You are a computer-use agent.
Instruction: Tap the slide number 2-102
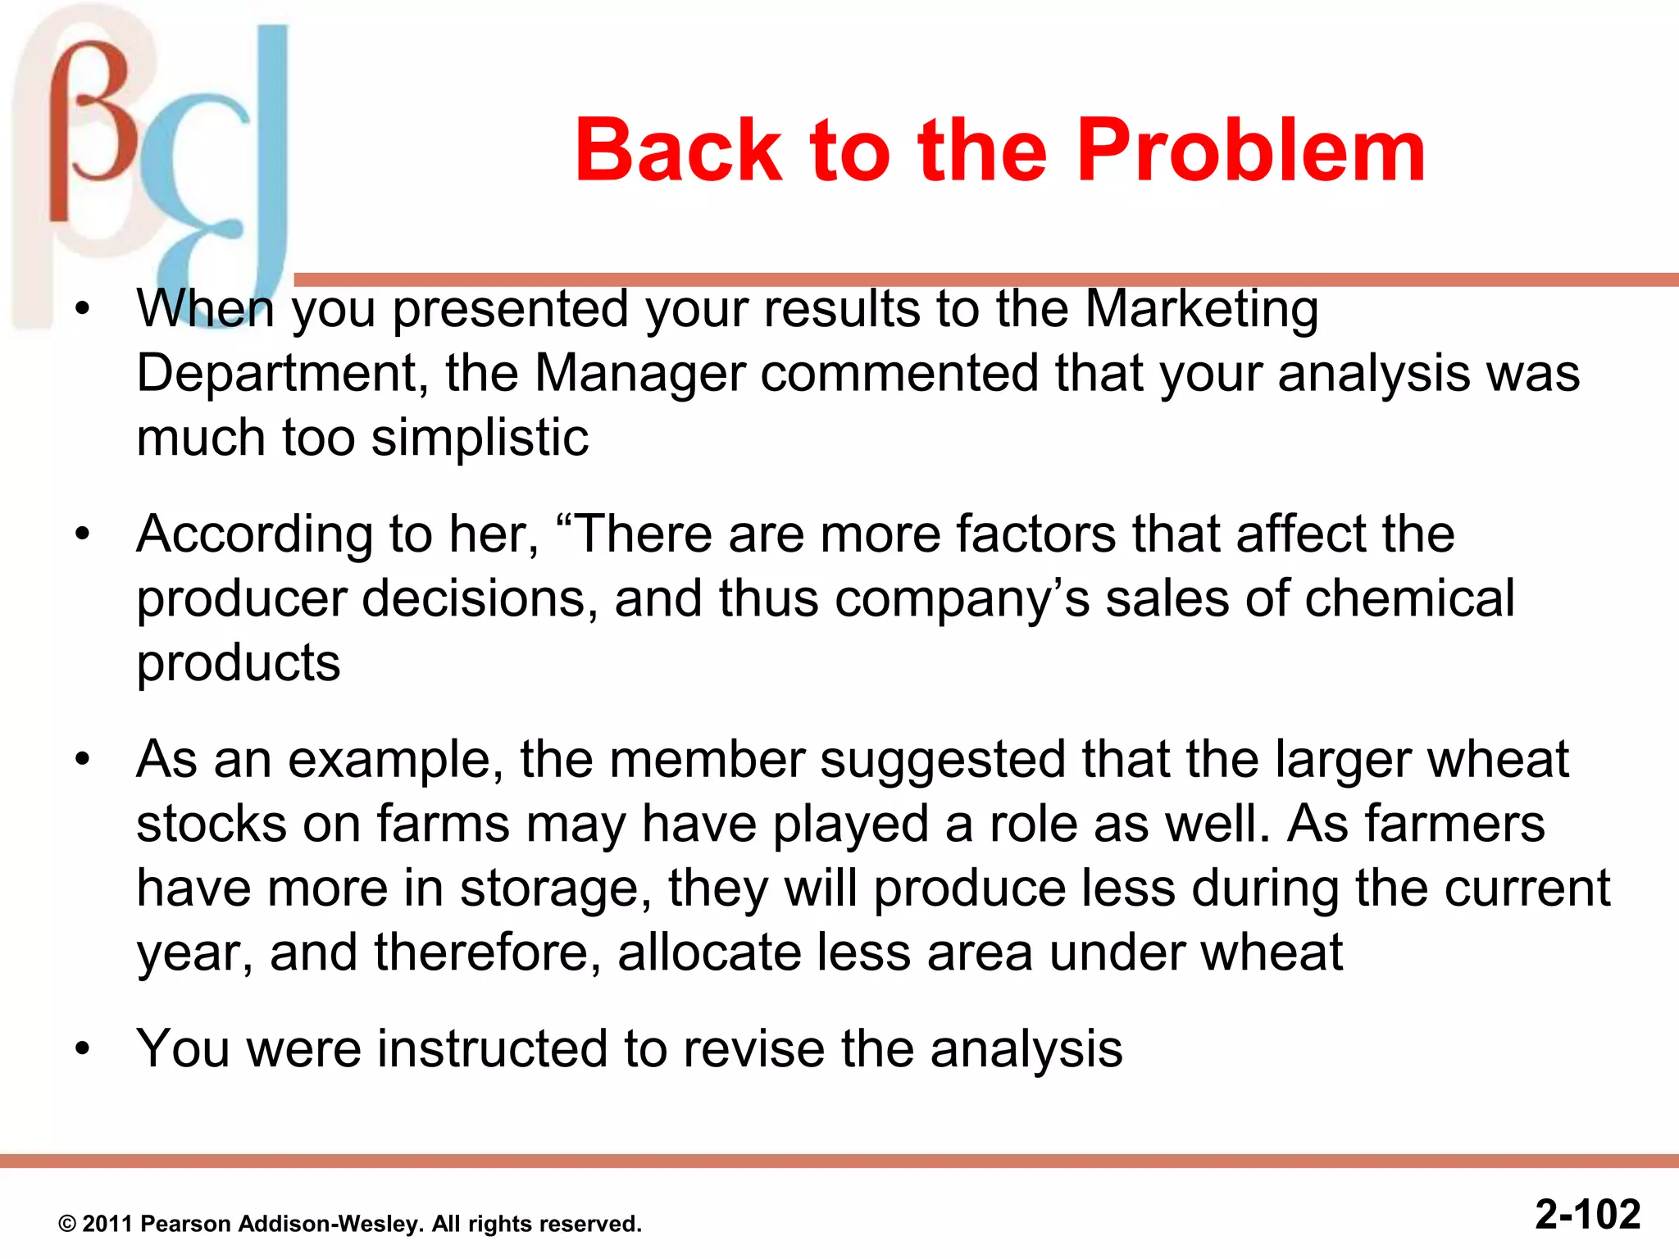[x=1587, y=1214]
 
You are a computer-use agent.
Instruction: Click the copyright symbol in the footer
[x=67, y=1225]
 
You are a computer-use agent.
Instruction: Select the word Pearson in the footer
[x=187, y=1224]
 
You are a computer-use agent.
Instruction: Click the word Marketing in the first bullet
[x=1201, y=310]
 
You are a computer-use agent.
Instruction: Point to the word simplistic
[x=480, y=438]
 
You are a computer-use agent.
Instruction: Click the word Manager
[x=639, y=374]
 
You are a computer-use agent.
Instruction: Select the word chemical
[x=1409, y=598]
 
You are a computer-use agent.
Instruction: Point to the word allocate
[x=708, y=952]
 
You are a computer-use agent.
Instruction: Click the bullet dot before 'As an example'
[x=82, y=760]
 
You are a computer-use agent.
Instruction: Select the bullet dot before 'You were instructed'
[x=82, y=1049]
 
